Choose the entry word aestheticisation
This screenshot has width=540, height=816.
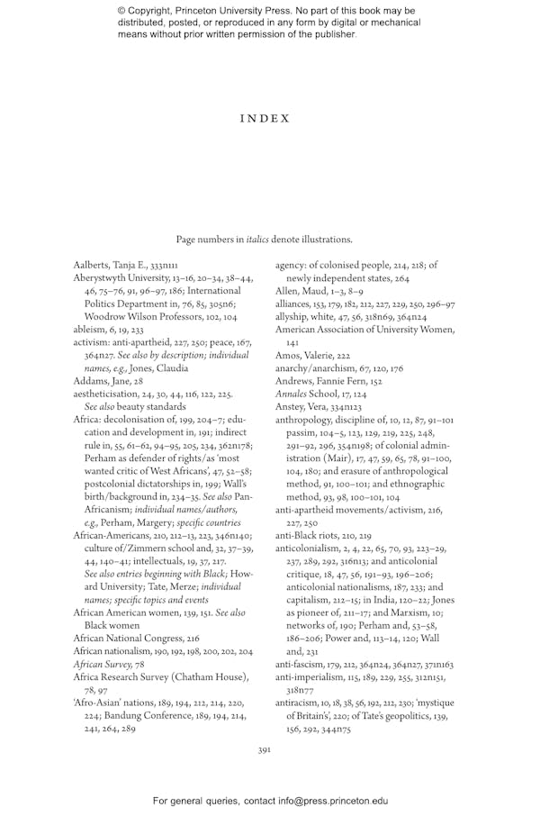(x=106, y=368)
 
